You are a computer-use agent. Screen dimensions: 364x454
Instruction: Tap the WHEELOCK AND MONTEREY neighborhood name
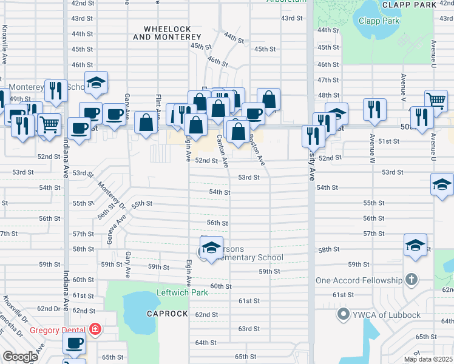point(168,33)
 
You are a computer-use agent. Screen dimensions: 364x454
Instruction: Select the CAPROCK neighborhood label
point(164,314)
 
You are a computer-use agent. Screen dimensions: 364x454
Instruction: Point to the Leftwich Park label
point(183,293)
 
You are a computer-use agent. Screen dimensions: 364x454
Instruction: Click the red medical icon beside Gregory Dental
point(95,329)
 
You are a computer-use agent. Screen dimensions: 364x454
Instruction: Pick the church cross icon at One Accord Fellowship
point(412,280)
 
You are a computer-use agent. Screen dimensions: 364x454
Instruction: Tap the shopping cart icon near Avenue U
point(436,101)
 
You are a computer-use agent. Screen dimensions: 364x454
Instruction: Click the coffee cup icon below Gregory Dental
point(75,343)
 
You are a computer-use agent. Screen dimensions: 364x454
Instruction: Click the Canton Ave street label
point(222,151)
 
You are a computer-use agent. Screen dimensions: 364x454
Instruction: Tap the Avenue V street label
point(403,89)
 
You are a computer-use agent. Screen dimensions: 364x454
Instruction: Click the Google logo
point(20,357)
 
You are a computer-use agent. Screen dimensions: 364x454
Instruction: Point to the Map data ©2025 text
point(427,359)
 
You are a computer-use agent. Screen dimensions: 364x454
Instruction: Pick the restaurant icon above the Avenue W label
point(374,109)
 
